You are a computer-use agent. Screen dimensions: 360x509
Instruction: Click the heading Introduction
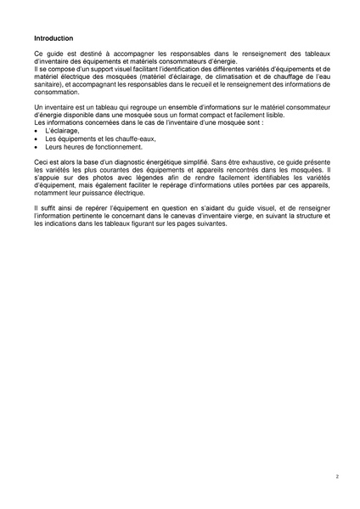(x=53, y=38)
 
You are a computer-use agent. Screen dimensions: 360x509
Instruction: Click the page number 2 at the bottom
(x=336, y=478)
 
